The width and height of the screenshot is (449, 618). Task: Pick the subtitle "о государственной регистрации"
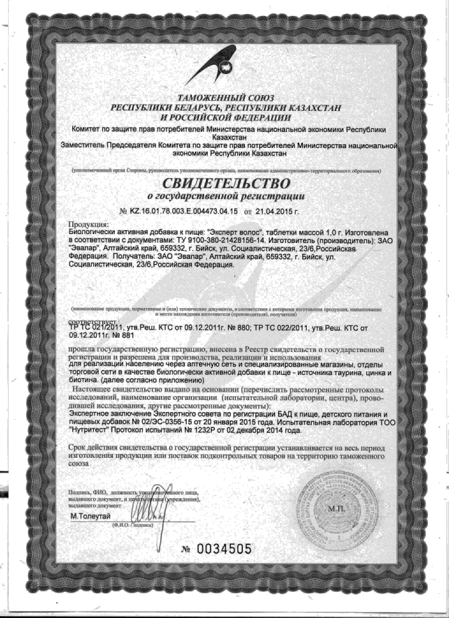point(225,196)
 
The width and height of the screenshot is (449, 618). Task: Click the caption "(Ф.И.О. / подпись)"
point(132,525)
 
